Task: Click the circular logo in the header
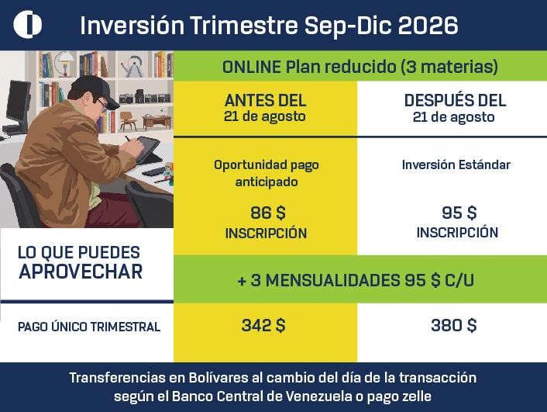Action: tap(28, 24)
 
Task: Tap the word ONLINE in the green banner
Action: tap(252, 67)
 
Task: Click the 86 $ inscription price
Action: tap(267, 213)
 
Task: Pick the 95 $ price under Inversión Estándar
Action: tap(459, 213)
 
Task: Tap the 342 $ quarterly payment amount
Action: tap(263, 325)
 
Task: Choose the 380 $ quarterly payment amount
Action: tap(453, 325)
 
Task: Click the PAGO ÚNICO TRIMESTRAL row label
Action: tap(89, 327)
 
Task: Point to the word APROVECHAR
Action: tap(81, 272)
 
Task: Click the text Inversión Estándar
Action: tap(456, 164)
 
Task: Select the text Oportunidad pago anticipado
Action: tap(267, 173)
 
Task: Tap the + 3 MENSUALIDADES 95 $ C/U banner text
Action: tap(356, 280)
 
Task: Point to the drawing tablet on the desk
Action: tap(147, 150)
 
